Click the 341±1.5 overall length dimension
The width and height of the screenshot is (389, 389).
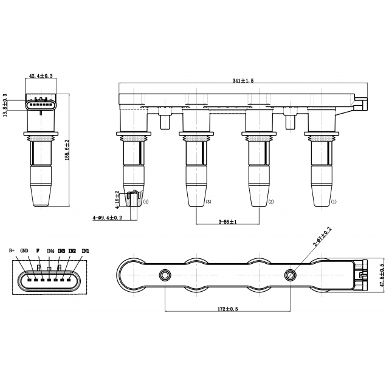(x=243, y=81)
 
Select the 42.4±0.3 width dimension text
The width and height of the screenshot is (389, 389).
(x=41, y=76)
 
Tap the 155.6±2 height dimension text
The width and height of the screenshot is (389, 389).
(x=67, y=150)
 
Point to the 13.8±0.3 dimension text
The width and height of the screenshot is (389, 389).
(x=5, y=105)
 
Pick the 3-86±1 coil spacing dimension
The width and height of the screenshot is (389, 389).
(x=227, y=221)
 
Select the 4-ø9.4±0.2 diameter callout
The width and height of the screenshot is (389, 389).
(x=108, y=218)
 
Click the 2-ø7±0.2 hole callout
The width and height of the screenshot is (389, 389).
(x=323, y=236)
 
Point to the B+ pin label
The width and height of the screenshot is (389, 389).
(x=12, y=250)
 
